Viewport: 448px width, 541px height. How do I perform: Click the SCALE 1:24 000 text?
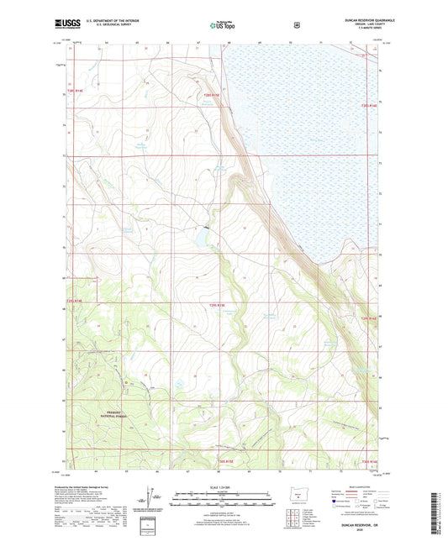[224, 487]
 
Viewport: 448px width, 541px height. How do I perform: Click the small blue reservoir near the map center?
[203, 240]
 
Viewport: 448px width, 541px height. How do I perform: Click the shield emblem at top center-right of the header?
[296, 24]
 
